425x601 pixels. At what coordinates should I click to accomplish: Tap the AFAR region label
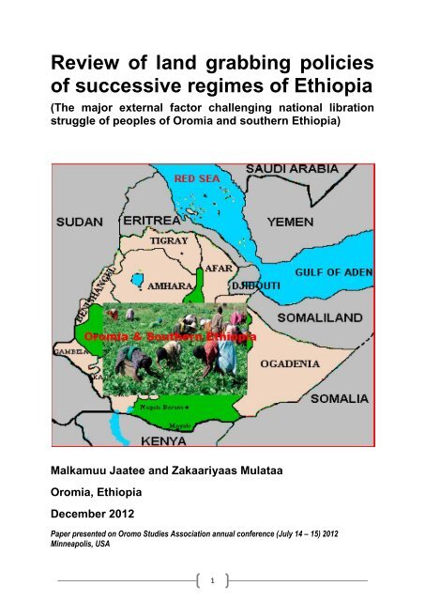click(219, 266)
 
